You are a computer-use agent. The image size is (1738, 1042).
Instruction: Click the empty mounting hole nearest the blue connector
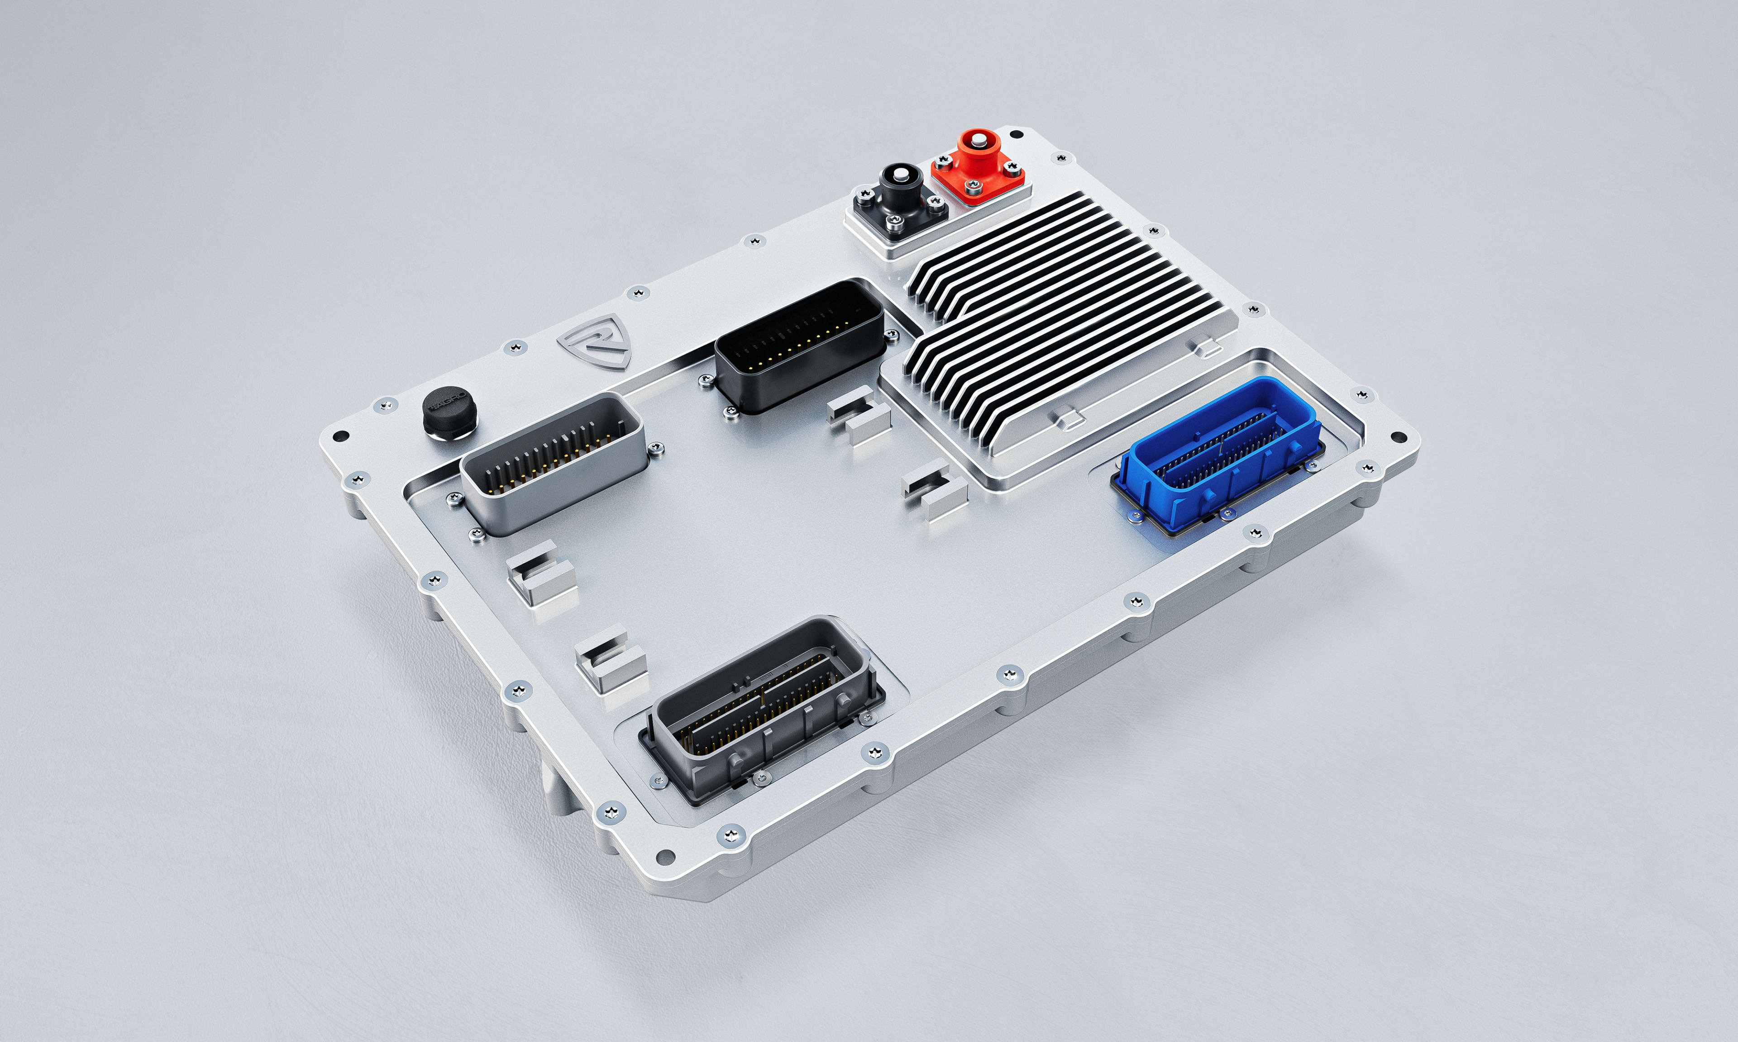point(1399,437)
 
